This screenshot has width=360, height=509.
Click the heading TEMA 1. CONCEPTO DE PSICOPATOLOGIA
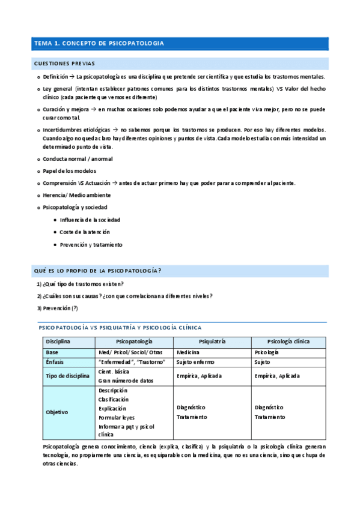(99, 44)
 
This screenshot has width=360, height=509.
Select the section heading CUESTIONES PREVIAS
(64, 64)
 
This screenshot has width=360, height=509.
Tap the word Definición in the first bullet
(55, 77)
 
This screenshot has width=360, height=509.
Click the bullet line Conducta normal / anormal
(78, 159)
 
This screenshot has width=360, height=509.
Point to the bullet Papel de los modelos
(70, 171)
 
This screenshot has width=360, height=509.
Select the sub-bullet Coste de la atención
(85, 232)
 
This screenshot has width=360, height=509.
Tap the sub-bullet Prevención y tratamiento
(91, 244)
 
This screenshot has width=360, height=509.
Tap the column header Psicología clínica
(288, 341)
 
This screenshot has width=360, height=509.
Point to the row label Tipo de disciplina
(68, 376)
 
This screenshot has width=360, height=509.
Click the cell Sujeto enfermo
(196, 362)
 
